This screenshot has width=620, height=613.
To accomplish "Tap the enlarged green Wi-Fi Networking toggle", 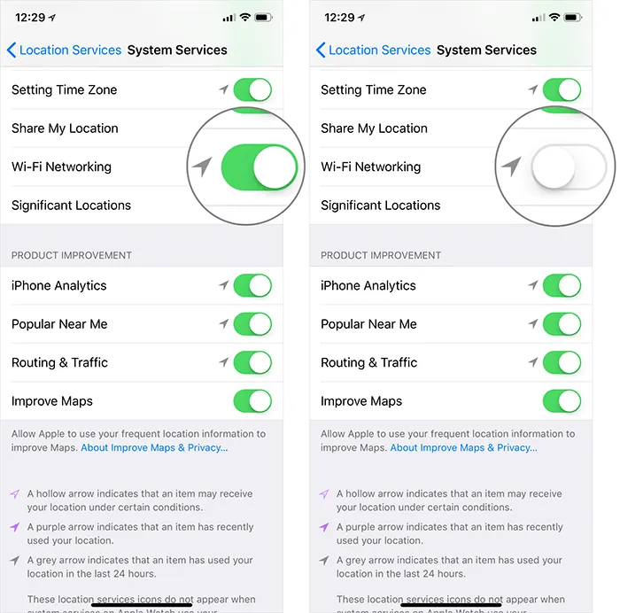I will (259, 166).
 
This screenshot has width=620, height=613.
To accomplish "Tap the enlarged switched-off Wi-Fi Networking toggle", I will (568, 167).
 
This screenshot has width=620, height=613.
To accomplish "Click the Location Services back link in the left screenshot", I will (64, 50).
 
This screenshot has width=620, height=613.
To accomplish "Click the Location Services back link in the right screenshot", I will (373, 50).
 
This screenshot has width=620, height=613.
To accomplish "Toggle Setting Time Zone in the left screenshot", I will (252, 89).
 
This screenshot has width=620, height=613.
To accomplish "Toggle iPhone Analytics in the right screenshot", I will (562, 285).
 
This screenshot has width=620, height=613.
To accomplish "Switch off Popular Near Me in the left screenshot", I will (252, 324).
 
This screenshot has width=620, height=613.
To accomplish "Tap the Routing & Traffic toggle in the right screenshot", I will (562, 362).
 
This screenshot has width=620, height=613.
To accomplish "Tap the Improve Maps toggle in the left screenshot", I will (252, 401).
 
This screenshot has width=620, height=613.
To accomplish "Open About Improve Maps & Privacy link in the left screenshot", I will (154, 448).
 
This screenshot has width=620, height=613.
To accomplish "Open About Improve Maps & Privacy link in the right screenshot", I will (463, 448).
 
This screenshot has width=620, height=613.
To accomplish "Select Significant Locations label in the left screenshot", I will (71, 206).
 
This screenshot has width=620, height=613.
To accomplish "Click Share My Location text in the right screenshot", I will (374, 128).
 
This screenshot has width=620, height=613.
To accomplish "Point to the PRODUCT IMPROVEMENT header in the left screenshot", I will (72, 255).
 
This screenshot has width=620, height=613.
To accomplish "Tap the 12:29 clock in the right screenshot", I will (339, 18).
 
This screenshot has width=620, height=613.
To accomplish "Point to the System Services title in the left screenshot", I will (177, 50).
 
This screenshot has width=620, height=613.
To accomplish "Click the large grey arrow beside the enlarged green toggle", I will (203, 166).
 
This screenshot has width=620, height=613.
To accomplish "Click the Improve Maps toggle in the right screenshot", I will (562, 401).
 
